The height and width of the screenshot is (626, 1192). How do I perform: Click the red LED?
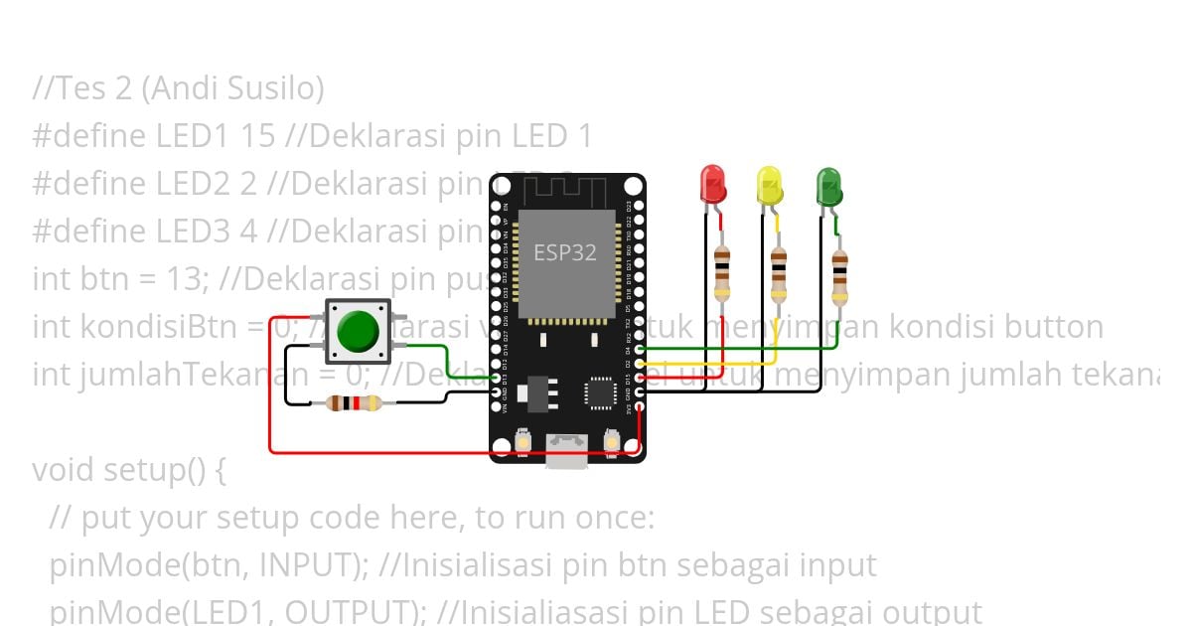pyautogui.click(x=713, y=185)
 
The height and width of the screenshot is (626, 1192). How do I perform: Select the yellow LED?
pyautogui.click(x=769, y=186)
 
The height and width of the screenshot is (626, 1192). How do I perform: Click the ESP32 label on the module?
pyautogui.click(x=565, y=252)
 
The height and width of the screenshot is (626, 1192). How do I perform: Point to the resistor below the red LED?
pyautogui.click(x=722, y=274)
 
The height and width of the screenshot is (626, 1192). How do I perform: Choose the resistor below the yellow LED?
pyautogui.click(x=779, y=274)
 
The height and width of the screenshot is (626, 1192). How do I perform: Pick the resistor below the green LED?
pyautogui.click(x=840, y=275)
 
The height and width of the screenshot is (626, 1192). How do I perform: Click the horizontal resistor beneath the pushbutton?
pyautogui.click(x=355, y=402)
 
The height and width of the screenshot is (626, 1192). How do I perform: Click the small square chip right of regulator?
pyautogui.click(x=601, y=391)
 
